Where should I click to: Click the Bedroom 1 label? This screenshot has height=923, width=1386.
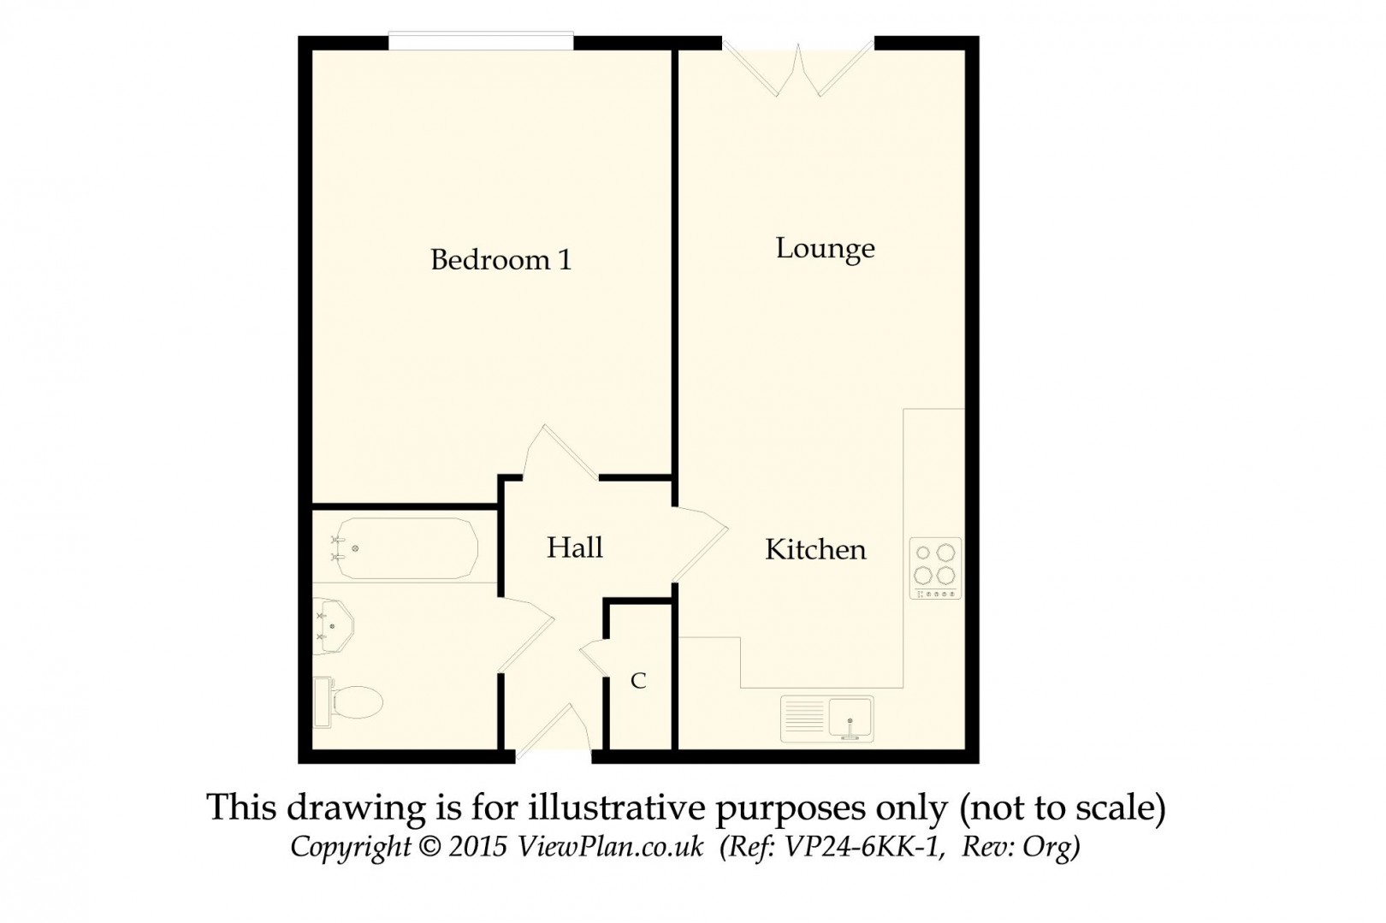pos(500,259)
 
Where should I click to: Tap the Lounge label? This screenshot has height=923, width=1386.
pos(825,249)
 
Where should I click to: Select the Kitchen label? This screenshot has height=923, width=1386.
pos(815,549)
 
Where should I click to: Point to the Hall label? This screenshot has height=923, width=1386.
pos(575,547)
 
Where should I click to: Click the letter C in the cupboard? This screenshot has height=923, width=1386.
pos(638,681)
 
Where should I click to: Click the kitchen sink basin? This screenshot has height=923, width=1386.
pos(850,717)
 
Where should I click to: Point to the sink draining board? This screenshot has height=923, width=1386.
pos(804,717)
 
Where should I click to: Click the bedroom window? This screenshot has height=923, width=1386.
pos(481,41)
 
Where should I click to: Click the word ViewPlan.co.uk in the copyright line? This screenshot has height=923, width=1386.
pos(610,847)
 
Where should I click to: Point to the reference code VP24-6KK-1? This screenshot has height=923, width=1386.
pos(863,847)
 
